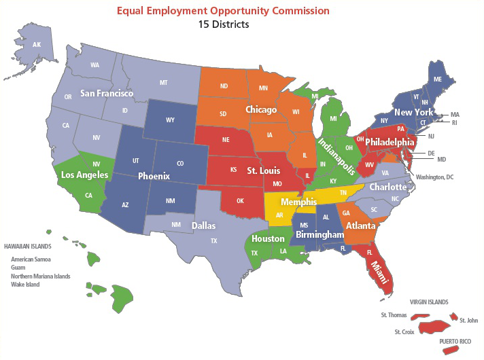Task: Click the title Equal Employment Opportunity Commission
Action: [x=223, y=11]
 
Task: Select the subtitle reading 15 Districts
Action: [x=223, y=25]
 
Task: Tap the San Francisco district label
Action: [x=106, y=93]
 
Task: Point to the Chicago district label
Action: [x=261, y=109]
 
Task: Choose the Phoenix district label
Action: [x=153, y=176]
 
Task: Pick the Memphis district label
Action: [x=298, y=201]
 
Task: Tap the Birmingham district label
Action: [x=319, y=235]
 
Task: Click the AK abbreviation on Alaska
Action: [x=37, y=45]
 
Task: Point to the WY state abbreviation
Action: [x=169, y=121]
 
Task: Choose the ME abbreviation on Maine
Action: [x=438, y=79]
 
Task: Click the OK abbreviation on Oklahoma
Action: [x=239, y=200]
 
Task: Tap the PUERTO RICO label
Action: [x=455, y=340]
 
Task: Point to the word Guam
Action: [x=18, y=268]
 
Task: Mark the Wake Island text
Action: [x=25, y=285]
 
